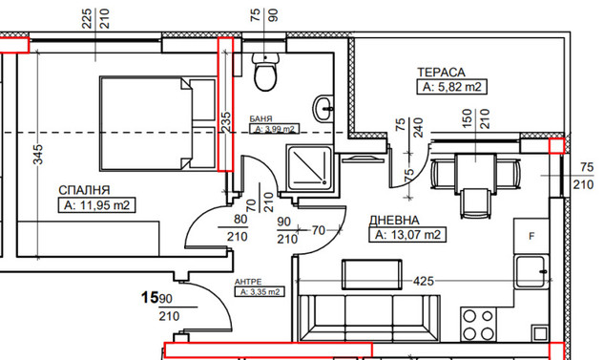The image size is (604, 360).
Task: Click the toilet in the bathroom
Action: [265, 72]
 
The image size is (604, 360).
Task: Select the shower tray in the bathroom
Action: [310, 167]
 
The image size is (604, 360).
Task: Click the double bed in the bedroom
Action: [158, 123]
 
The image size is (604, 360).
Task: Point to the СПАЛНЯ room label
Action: [84, 190]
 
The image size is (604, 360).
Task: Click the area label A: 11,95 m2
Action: [96, 205]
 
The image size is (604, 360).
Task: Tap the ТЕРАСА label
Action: [441, 72]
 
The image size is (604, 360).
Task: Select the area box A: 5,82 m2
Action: [452, 87]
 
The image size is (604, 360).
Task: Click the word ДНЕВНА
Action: [394, 220]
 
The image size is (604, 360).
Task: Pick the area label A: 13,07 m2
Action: [407, 234]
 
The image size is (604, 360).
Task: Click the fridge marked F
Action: [531, 236]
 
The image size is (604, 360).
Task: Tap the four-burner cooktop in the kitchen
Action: [478, 324]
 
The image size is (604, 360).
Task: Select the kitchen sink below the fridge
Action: [531, 271]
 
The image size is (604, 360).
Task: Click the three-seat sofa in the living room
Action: [369, 318]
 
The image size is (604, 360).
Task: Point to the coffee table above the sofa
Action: [372, 274]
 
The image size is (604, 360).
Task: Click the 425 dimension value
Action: [424, 281]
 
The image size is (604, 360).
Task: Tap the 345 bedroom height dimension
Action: [37, 155]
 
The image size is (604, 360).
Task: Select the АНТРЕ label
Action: [248, 282]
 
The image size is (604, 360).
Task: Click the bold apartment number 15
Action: [150, 297]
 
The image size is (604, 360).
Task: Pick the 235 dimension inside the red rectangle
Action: [225, 122]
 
